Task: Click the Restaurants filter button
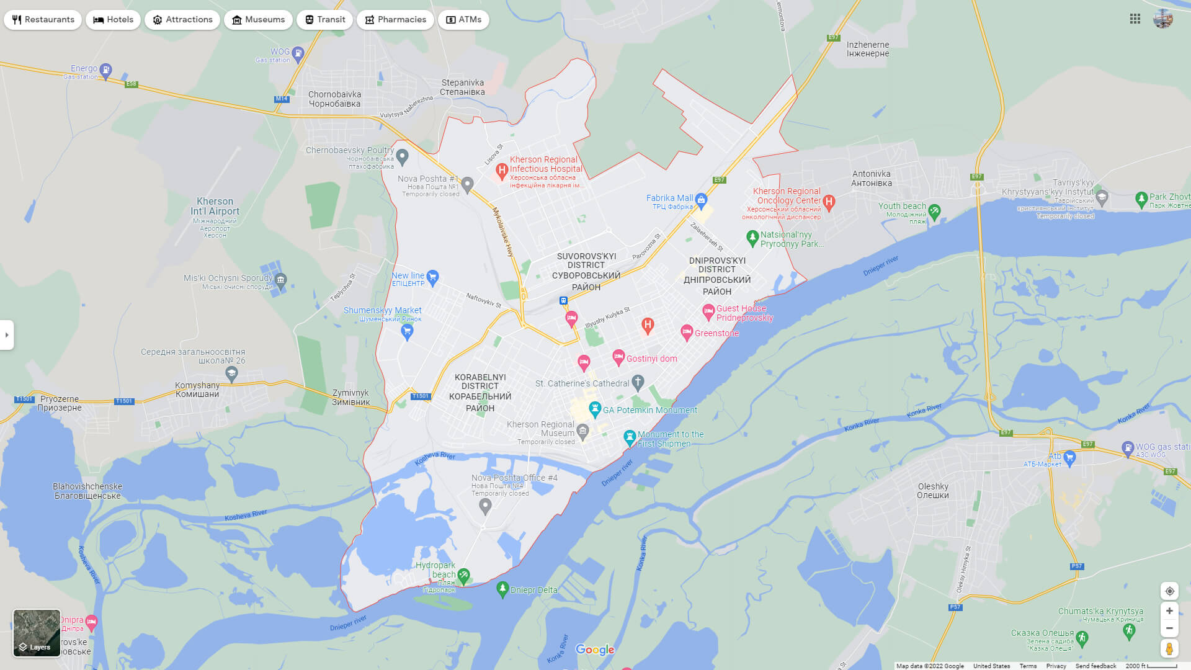pyautogui.click(x=43, y=20)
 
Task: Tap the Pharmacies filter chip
pyautogui.click(x=395, y=20)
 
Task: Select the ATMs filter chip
pyautogui.click(x=463, y=20)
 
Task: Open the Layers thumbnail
pyautogui.click(x=37, y=633)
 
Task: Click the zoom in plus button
pyautogui.click(x=1169, y=611)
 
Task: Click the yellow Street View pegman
pyautogui.click(x=1169, y=648)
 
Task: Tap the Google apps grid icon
pyautogui.click(x=1135, y=19)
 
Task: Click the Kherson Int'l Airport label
pyautogui.click(x=215, y=207)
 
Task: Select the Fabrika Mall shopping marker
pyautogui.click(x=701, y=199)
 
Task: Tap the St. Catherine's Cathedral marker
pyautogui.click(x=638, y=382)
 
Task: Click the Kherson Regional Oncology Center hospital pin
pyautogui.click(x=829, y=201)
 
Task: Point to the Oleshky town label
pyautogui.click(x=933, y=491)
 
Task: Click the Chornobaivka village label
pyautogui.click(x=334, y=99)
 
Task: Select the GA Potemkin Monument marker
pyautogui.click(x=595, y=409)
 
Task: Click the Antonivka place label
pyautogui.click(x=872, y=179)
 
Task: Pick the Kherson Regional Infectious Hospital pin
pyautogui.click(x=502, y=170)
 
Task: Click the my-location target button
pyautogui.click(x=1169, y=591)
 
